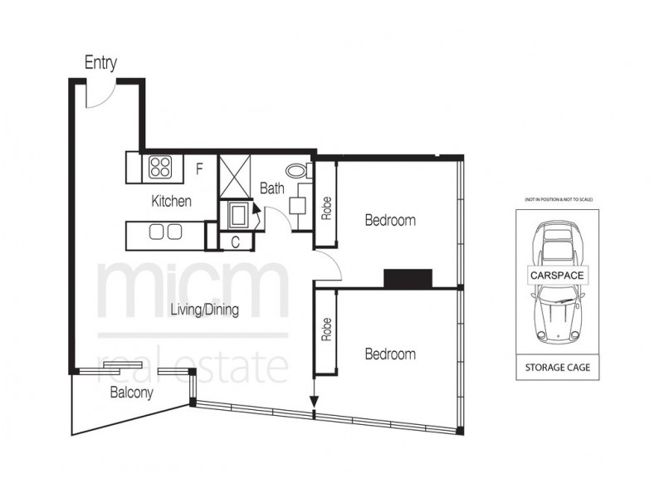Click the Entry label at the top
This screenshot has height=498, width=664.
click(x=100, y=63)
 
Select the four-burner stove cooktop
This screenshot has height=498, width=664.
click(x=160, y=168)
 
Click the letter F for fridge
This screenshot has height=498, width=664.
click(x=199, y=169)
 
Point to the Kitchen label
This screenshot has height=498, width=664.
click(x=172, y=201)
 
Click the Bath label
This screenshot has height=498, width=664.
click(x=271, y=188)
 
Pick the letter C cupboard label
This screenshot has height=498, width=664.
click(x=236, y=242)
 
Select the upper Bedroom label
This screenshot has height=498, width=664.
click(x=390, y=221)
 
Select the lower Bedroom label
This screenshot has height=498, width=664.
click(x=390, y=354)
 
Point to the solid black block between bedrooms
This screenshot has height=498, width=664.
click(x=408, y=279)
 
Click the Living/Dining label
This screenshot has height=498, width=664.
click(x=204, y=311)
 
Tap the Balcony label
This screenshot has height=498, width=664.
click(x=131, y=394)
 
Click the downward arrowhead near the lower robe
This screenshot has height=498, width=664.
click(x=314, y=403)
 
